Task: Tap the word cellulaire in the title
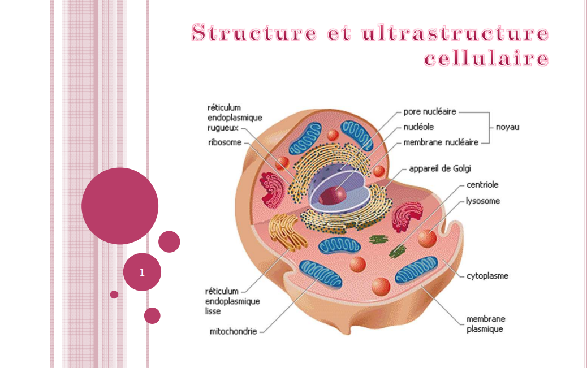point(486,59)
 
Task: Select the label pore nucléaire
point(429,112)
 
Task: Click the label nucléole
point(418,127)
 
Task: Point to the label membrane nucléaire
point(441,142)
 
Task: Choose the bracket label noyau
point(507,127)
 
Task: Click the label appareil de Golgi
point(439,168)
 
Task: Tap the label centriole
point(482,185)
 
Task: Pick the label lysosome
point(483,201)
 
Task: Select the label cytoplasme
point(487,276)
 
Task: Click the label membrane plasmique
point(486,324)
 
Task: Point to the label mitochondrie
point(233,332)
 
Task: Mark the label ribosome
point(225,143)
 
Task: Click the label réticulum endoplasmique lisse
point(232,301)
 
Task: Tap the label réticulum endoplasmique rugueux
point(234,118)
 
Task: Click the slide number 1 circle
point(142,272)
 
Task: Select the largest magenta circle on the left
point(119,206)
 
